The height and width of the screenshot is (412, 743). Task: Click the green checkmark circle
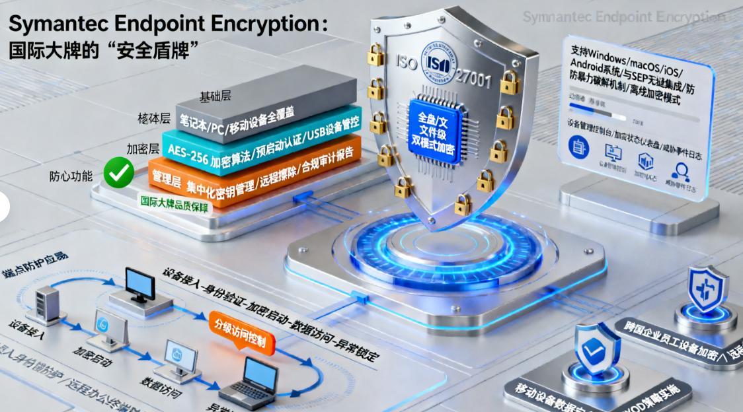119,173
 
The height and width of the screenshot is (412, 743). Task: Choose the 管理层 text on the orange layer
167,176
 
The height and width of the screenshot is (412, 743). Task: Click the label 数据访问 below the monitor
159,386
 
